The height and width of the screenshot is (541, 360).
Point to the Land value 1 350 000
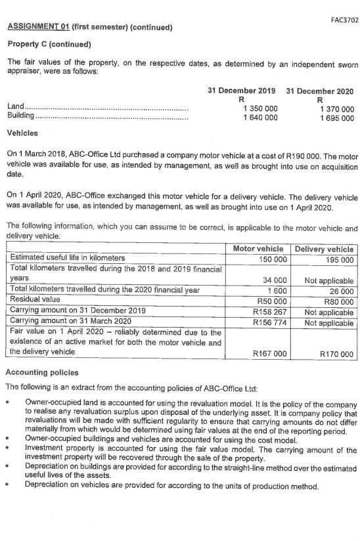[260, 108]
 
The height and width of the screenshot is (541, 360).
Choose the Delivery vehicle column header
[324, 249]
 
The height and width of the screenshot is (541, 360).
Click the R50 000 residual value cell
[271, 298]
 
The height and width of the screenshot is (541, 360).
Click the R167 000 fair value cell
[268, 354]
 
